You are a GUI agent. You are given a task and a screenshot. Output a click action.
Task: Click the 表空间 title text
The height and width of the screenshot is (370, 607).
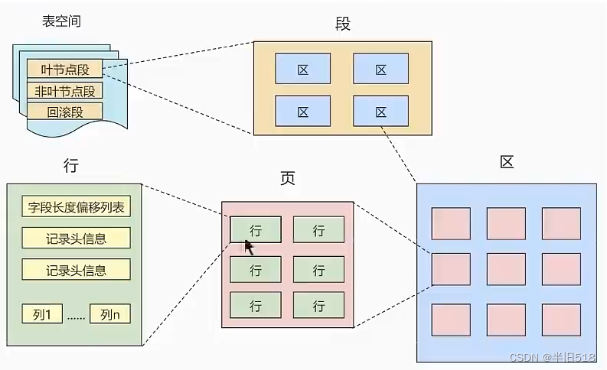(x=61, y=21)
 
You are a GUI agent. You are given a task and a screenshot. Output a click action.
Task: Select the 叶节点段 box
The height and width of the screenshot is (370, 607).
(x=64, y=70)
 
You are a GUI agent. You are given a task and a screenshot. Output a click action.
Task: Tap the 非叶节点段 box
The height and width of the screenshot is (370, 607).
(x=64, y=91)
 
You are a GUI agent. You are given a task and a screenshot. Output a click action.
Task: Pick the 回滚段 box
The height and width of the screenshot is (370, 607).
(x=64, y=112)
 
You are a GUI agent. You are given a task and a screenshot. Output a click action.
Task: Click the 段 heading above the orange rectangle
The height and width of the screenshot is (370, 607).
(x=342, y=24)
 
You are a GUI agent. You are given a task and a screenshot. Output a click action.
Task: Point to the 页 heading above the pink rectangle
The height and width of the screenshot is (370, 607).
(x=287, y=180)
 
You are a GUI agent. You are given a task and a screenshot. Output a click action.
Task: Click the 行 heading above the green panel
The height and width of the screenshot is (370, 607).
(x=72, y=165)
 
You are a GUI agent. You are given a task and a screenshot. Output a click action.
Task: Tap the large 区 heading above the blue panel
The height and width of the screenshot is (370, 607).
(x=506, y=162)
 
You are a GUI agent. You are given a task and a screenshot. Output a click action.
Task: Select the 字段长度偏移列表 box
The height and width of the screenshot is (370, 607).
(x=76, y=206)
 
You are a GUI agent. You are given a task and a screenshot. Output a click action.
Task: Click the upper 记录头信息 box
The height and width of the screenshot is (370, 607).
(x=76, y=238)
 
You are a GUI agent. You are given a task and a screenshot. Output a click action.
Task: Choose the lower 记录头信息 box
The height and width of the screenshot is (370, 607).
(x=76, y=269)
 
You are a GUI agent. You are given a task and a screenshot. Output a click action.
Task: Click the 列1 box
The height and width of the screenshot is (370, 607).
(x=43, y=313)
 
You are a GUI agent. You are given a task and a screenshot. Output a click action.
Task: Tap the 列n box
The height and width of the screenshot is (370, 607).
(x=109, y=313)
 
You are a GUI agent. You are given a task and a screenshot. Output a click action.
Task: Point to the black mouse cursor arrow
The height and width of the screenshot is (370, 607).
(x=249, y=247)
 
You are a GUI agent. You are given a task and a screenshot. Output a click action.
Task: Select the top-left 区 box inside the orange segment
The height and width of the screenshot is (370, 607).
(x=302, y=69)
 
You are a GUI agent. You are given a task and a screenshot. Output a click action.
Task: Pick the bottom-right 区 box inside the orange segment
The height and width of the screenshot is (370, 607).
(x=381, y=111)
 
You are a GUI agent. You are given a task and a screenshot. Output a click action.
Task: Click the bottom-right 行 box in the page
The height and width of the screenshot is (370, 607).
(x=318, y=306)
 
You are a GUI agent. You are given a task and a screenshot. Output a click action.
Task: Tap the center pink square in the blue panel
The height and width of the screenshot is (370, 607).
(x=506, y=268)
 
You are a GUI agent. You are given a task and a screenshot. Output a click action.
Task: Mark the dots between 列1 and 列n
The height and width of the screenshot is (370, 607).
(x=76, y=314)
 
